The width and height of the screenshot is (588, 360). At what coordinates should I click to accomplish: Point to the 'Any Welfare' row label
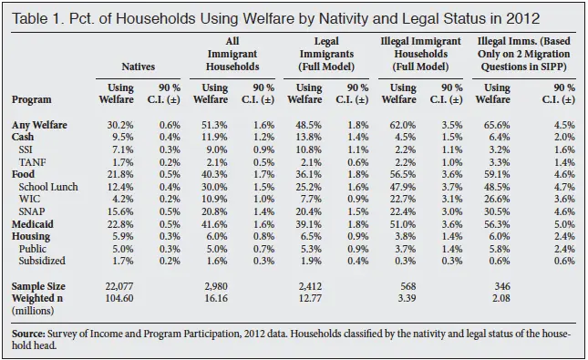(38, 124)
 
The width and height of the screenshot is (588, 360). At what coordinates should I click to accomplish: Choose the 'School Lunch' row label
(49, 186)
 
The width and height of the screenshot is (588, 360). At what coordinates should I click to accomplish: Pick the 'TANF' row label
(34, 161)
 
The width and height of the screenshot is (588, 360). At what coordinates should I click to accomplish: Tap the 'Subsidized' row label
(45, 261)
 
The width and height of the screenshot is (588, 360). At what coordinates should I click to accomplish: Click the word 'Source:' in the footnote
(34, 334)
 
